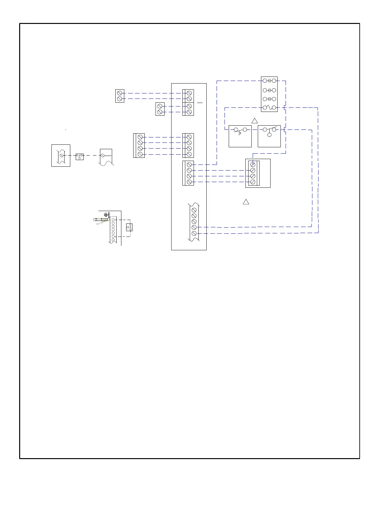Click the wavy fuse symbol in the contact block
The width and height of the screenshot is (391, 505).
tap(269, 108)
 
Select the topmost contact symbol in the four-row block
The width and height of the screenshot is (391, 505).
tap(269, 81)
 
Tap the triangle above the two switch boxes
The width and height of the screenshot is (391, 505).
tap(255, 121)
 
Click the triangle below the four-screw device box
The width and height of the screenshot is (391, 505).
tap(246, 202)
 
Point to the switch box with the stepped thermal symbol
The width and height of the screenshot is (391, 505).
tap(240, 136)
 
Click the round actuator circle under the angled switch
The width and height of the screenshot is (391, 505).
tap(269, 135)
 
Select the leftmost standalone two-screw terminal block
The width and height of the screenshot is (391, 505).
tap(120, 96)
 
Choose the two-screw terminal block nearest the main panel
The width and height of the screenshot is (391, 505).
tap(160, 109)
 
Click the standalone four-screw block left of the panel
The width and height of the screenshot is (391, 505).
tap(139, 146)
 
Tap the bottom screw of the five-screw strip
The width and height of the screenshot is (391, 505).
tap(194, 233)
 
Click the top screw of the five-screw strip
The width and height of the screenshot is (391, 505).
tap(194, 210)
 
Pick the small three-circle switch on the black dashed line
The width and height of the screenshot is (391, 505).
tap(80, 156)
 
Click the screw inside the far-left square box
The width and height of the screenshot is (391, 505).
tap(61, 156)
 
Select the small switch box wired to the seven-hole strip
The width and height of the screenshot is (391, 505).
tap(129, 227)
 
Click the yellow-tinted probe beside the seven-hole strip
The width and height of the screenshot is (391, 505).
tap(102, 219)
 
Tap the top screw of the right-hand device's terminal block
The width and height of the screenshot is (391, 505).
tap(253, 165)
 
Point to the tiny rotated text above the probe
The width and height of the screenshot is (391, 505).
tap(107, 214)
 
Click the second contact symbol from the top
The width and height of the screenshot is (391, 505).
tap(269, 90)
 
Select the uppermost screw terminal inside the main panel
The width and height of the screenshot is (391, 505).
tap(189, 93)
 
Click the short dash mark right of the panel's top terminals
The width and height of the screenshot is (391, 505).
tap(200, 103)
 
